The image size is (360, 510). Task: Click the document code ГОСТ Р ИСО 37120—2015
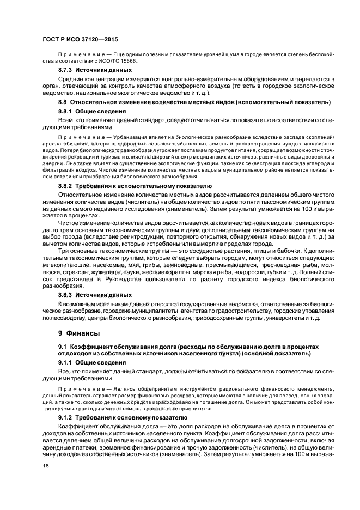click(x=80, y=40)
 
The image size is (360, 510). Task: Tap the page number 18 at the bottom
click(x=46, y=466)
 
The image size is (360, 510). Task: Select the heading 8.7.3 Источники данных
click(x=95, y=71)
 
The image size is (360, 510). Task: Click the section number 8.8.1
click(x=66, y=111)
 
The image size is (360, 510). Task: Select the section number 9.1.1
click(x=66, y=362)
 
